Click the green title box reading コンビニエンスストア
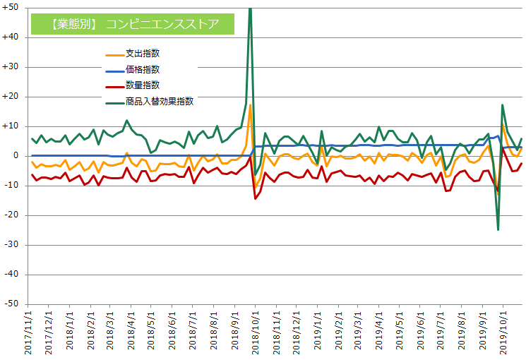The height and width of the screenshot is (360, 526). tap(133, 24)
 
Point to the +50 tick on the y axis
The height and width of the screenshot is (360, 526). tap(12, 8)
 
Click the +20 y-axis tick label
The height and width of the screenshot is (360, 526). tap(12, 97)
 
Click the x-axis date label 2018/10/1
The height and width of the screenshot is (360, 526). tap(252, 332)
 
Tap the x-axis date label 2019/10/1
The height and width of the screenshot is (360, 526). tap(503, 332)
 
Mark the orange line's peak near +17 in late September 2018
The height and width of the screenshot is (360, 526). tap(250, 105)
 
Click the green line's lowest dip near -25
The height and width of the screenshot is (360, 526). tap(498, 229)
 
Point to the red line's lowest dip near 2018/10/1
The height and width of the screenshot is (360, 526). tap(255, 198)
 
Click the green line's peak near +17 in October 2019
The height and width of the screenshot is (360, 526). tap(502, 104)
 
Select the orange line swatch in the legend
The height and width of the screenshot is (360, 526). tap(113, 54)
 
